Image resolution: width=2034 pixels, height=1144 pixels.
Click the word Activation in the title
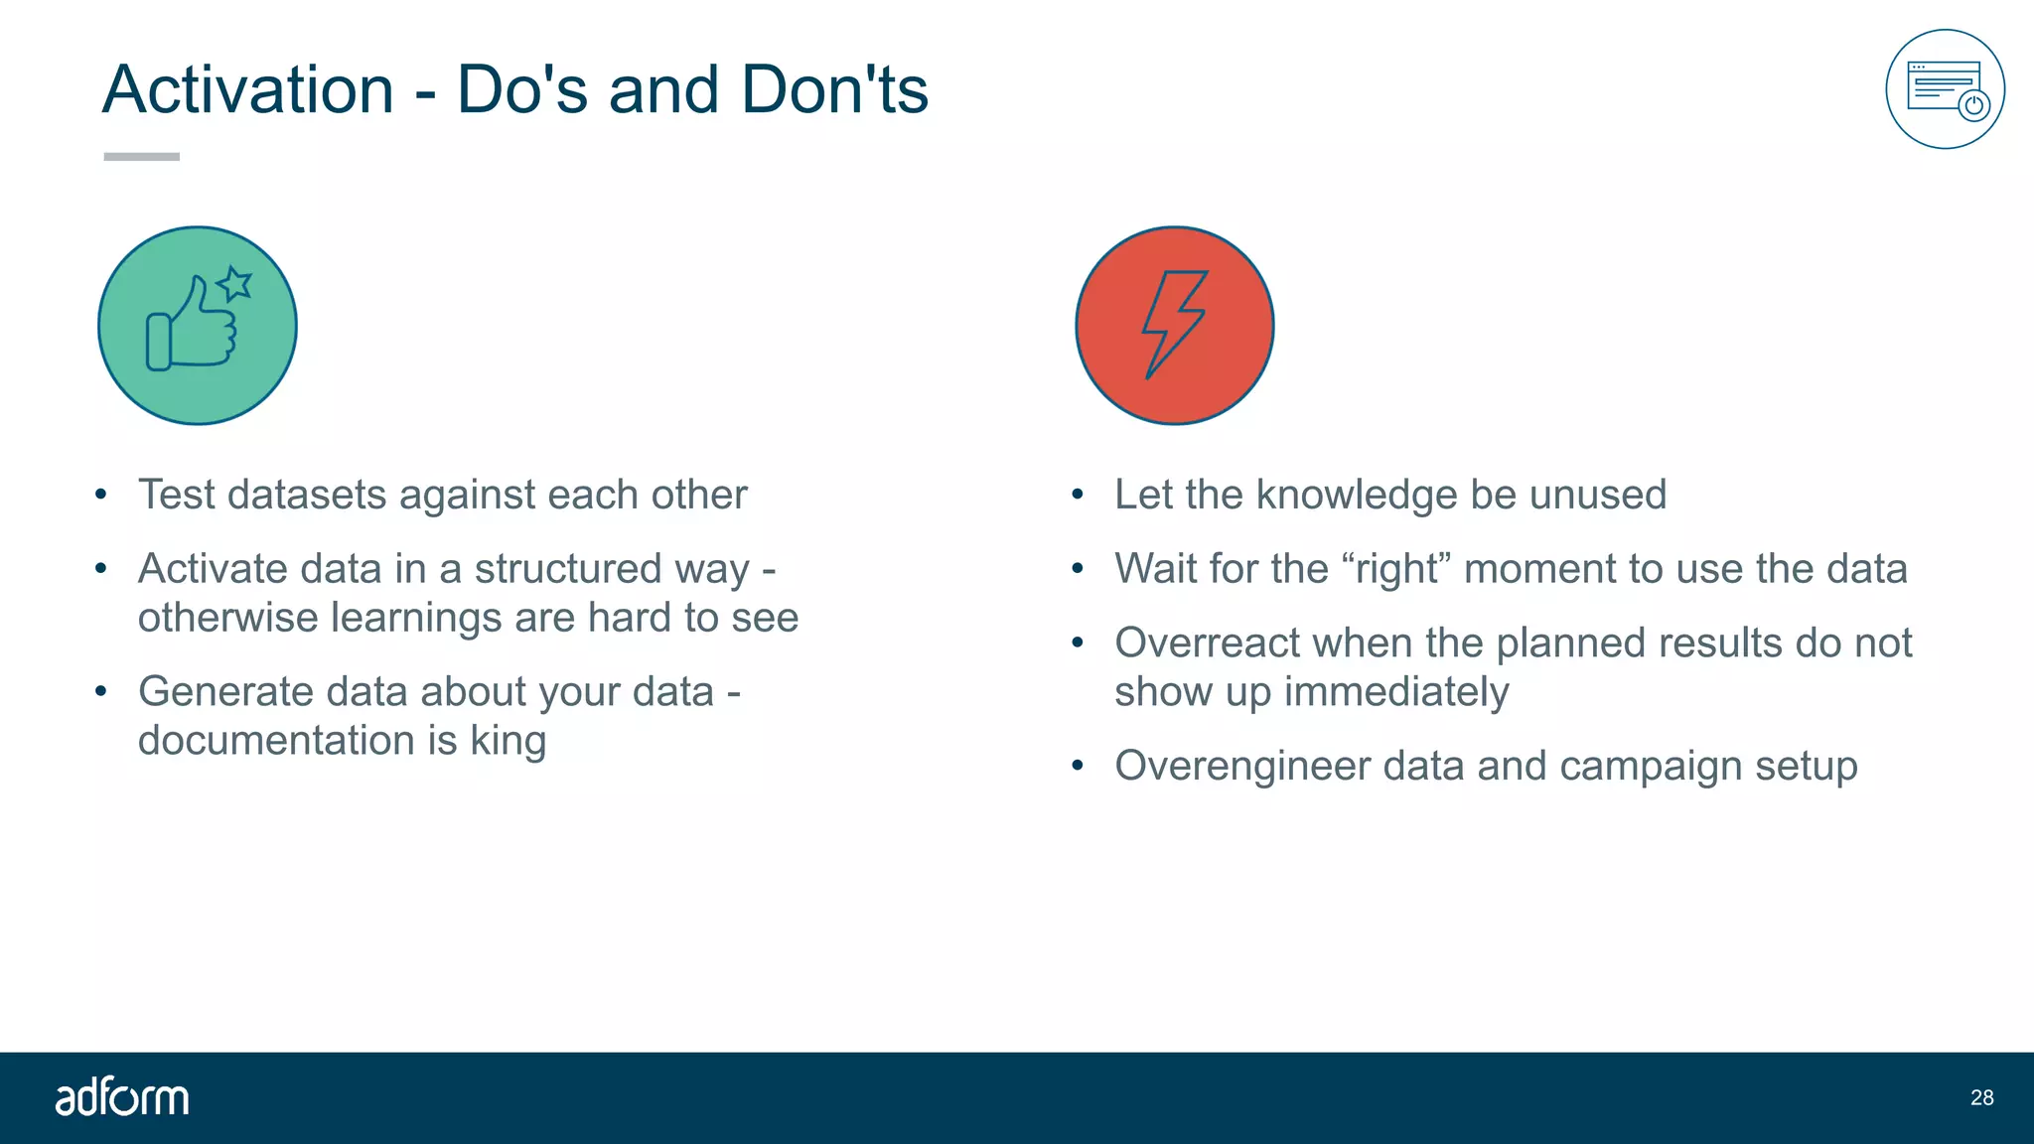point(248,90)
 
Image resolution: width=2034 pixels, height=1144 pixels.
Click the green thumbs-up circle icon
point(198,326)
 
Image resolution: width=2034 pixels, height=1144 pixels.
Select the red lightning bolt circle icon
point(1174,326)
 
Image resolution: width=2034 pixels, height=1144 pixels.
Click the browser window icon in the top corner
point(1945,89)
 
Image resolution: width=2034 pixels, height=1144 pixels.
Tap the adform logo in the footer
point(122,1097)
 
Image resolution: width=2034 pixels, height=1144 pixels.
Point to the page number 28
point(1981,1097)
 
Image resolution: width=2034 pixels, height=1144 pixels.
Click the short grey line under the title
point(142,156)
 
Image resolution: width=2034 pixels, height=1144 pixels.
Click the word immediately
point(1395,692)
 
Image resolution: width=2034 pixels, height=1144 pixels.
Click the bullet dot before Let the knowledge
point(1078,495)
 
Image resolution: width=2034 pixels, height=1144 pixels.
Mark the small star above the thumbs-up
point(235,284)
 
